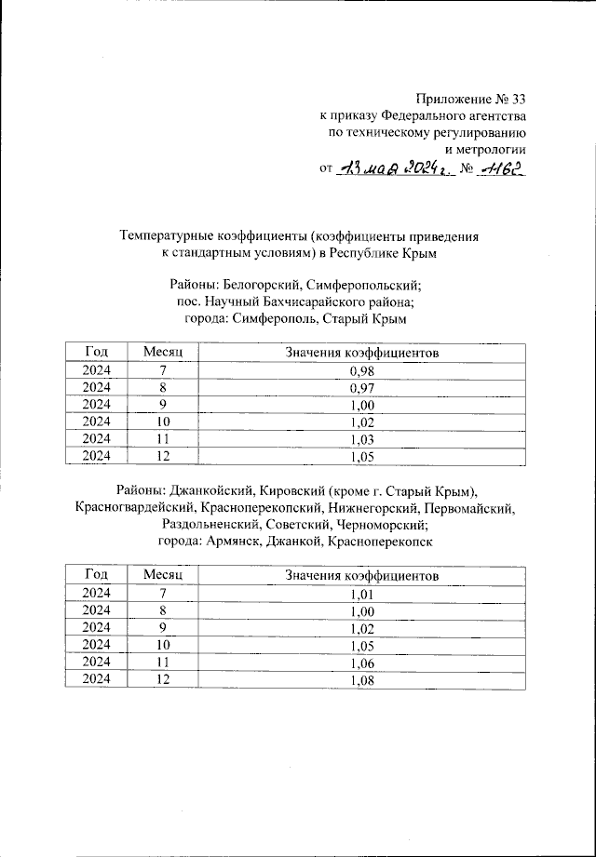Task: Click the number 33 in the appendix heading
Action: coord(517,100)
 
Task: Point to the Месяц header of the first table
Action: coord(163,353)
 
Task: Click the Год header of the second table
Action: coord(96,577)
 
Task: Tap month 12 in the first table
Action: coord(163,455)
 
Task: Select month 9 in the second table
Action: coord(163,628)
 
